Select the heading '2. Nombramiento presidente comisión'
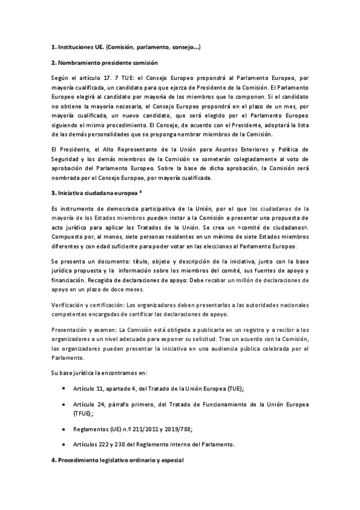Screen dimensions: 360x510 pyautogui.click(x=104, y=63)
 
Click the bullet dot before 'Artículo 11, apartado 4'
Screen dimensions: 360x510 pyautogui.click(x=64, y=390)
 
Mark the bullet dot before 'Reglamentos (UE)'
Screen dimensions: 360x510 pyautogui.click(x=64, y=429)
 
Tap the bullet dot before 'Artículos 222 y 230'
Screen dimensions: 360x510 pyautogui.click(x=64, y=444)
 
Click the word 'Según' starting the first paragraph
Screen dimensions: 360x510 pyautogui.click(x=61, y=78)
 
